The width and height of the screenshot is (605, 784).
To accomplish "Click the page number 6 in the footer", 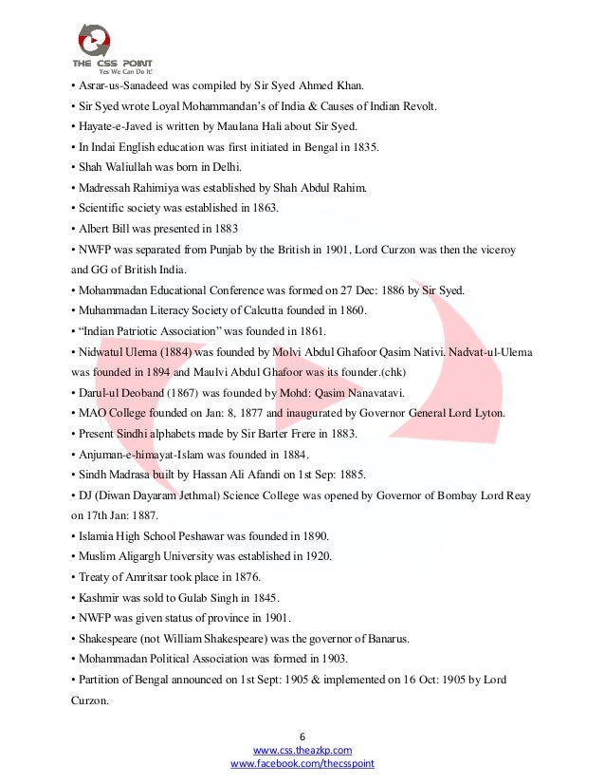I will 302,736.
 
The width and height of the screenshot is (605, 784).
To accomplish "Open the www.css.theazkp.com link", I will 302,750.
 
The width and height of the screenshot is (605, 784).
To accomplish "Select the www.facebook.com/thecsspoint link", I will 302,763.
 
